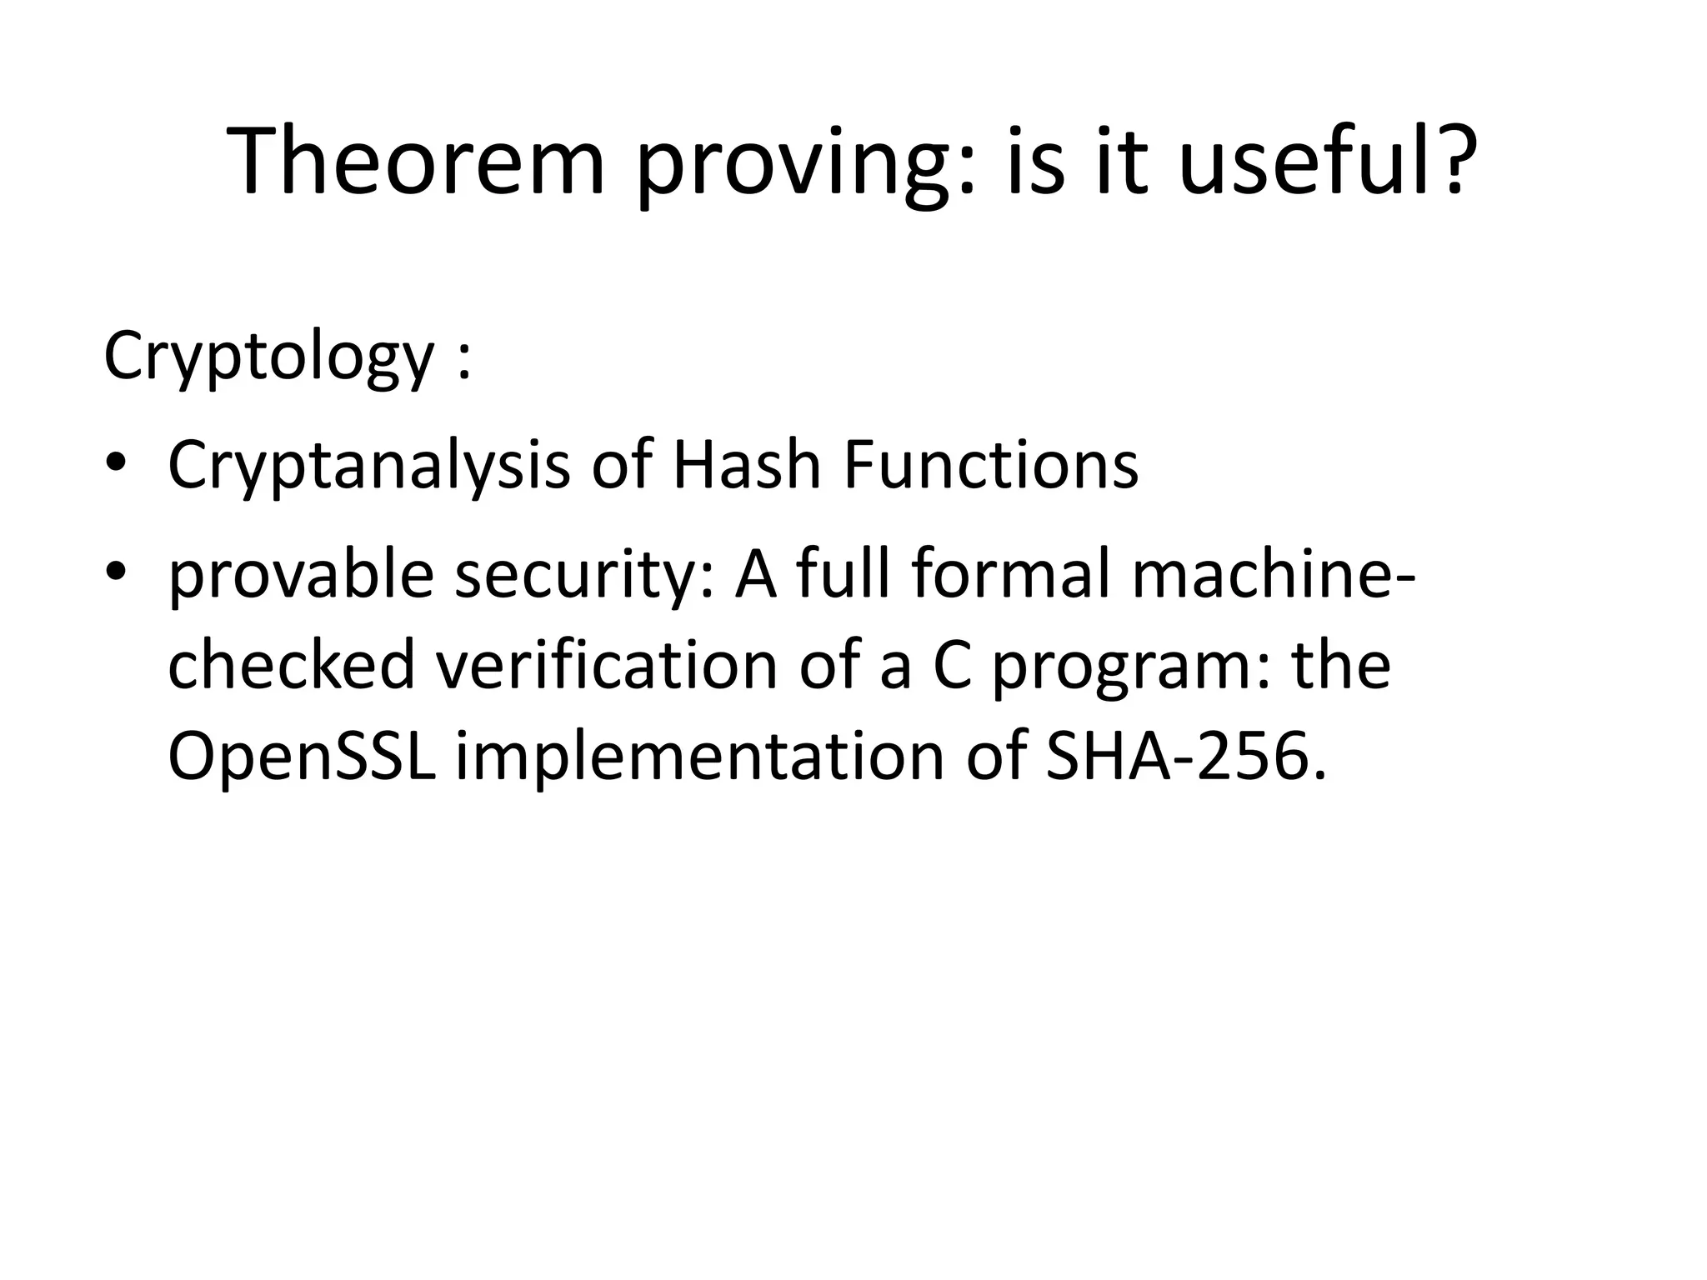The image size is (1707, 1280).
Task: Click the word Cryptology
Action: click(x=268, y=357)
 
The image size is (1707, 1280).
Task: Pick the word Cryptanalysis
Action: click(x=368, y=466)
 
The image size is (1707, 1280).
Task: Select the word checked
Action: click(x=291, y=665)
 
